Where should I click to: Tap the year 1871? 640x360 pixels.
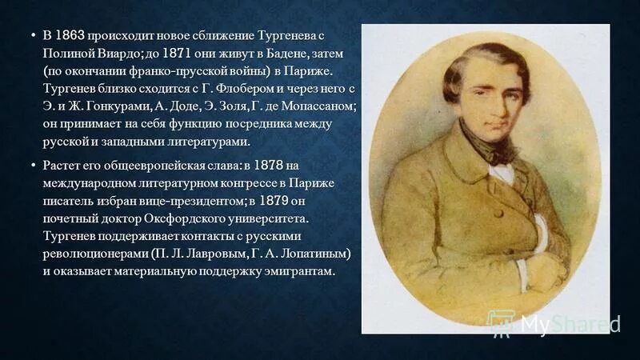[175, 54]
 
